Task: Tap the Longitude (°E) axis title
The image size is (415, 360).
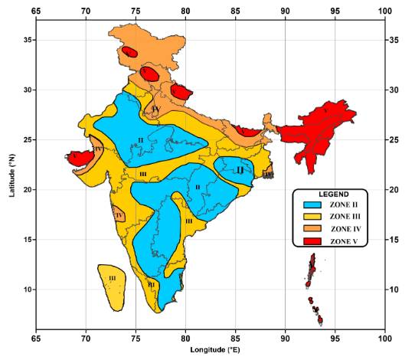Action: tap(210, 349)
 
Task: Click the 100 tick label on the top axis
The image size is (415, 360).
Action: tap(385, 11)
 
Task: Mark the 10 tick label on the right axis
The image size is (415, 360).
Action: tap(396, 290)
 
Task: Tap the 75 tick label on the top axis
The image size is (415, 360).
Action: tap(136, 11)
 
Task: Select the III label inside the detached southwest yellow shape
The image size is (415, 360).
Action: tap(112, 279)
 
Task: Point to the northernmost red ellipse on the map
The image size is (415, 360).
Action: tap(129, 52)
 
